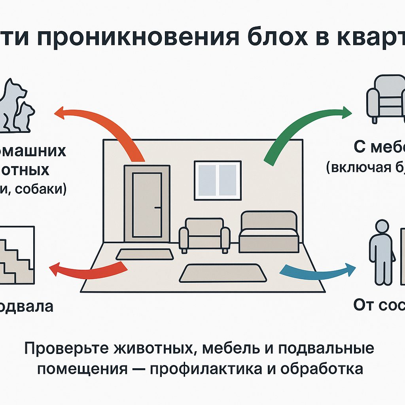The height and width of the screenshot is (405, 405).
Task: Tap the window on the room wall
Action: point(217,180)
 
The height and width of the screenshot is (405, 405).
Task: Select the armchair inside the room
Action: point(204,236)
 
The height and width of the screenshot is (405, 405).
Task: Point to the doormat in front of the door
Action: point(145,254)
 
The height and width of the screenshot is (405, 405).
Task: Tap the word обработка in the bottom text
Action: point(322,369)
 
